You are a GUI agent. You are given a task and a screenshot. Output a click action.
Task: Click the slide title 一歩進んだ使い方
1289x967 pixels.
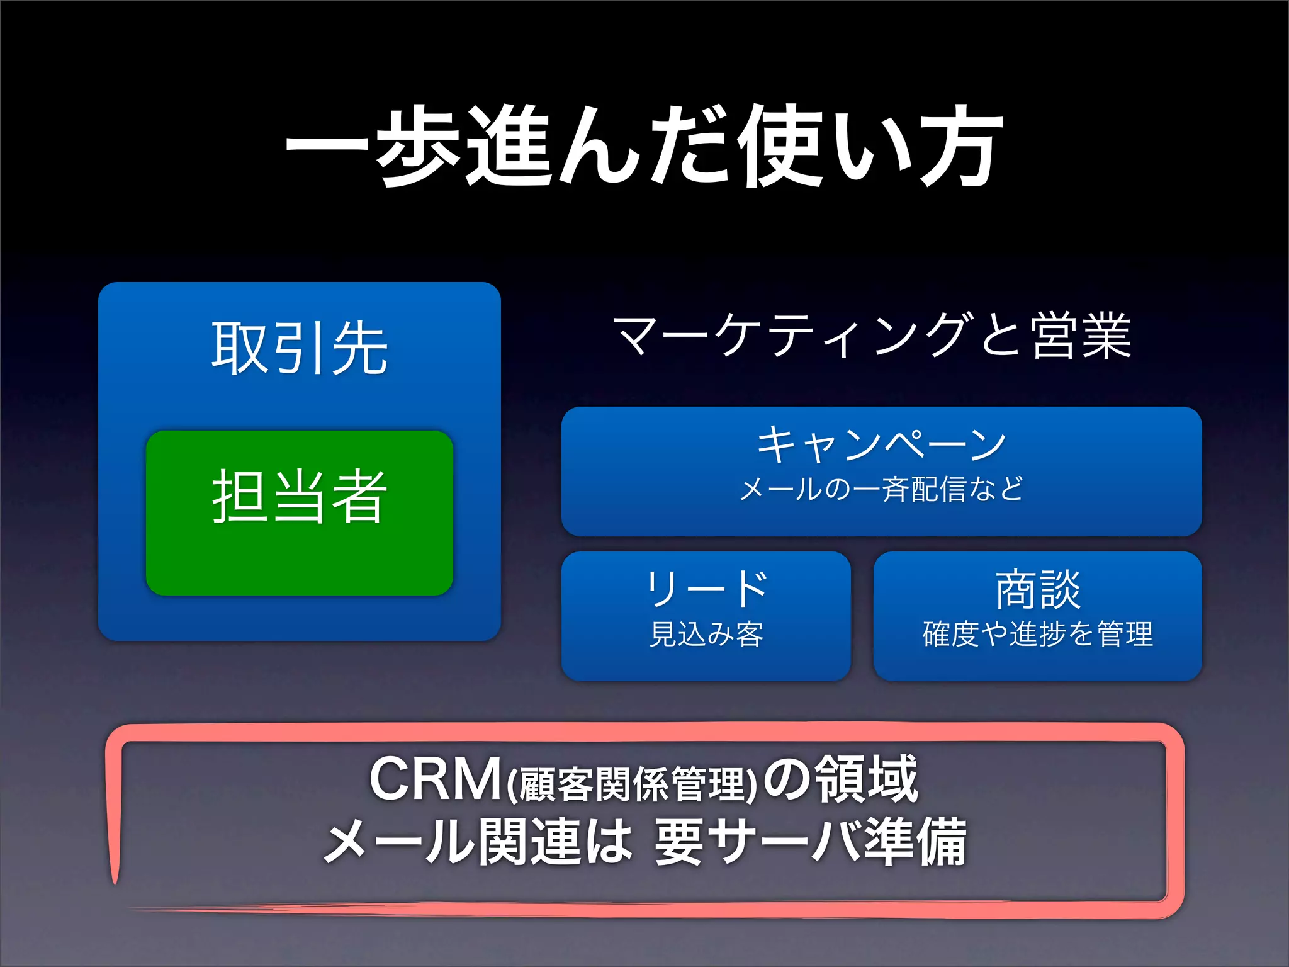(643, 146)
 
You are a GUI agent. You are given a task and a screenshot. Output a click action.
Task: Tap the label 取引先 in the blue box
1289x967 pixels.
(299, 348)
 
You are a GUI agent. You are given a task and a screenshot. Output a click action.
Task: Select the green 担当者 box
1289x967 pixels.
(300, 512)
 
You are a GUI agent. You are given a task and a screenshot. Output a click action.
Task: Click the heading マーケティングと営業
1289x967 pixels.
(872, 336)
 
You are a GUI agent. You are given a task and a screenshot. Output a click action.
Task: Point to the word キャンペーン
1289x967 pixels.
(881, 444)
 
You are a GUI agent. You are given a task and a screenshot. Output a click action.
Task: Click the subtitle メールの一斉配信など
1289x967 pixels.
(881, 489)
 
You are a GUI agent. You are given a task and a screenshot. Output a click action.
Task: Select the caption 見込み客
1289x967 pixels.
(706, 634)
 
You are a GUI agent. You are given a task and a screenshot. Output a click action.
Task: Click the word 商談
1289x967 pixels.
(1037, 590)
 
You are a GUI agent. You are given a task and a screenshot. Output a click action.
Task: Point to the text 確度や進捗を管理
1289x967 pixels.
(1037, 634)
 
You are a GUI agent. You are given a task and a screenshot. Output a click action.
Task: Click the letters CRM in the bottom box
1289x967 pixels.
(434, 779)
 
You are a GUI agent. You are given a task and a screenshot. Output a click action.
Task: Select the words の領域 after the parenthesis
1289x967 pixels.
(840, 779)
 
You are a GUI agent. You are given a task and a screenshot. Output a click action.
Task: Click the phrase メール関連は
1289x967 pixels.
(477, 842)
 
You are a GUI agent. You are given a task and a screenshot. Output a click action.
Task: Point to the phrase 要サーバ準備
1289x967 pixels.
(810, 842)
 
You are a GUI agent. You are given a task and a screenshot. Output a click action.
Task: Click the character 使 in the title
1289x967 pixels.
(782, 146)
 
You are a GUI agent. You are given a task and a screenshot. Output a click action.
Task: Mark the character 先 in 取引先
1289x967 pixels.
(360, 348)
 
